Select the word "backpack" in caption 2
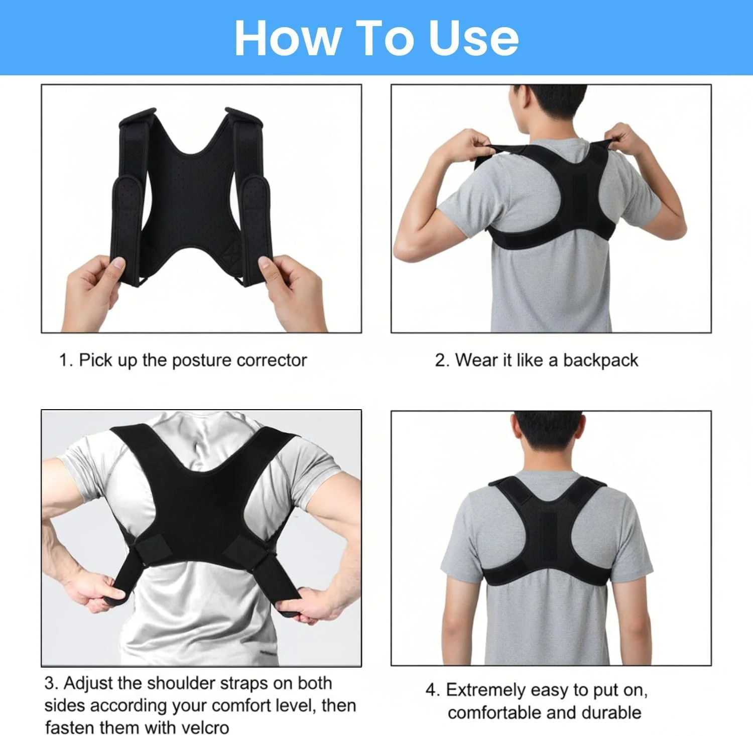tap(600, 360)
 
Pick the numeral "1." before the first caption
tap(66, 360)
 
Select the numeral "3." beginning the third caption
tap(52, 683)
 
